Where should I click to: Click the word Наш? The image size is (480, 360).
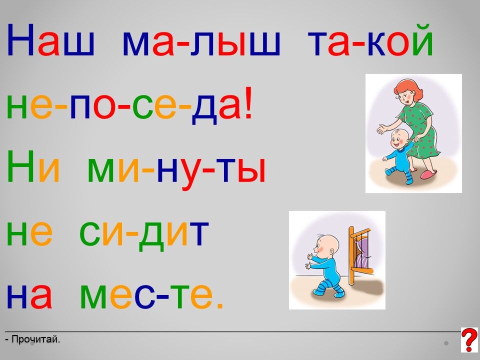click(x=50, y=40)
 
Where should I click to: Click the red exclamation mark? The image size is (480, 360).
click(x=248, y=102)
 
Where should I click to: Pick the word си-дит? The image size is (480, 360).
click(x=144, y=234)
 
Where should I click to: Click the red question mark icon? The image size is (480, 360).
click(x=469, y=340)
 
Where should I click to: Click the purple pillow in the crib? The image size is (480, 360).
click(x=362, y=254)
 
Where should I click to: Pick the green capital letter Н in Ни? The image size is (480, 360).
click(x=20, y=166)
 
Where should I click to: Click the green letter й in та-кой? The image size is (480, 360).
click(x=422, y=40)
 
